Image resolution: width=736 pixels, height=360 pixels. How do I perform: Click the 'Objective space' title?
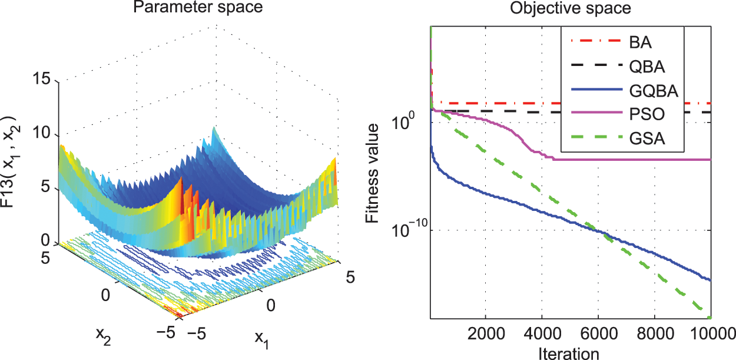coord(570,9)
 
